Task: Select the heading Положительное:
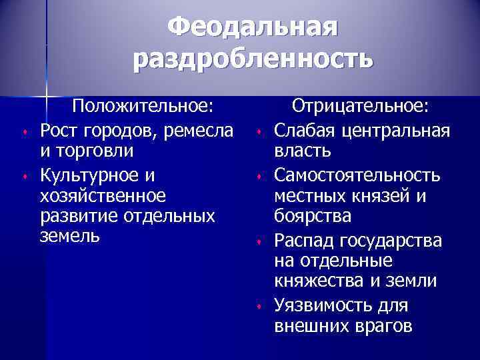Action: [143, 107]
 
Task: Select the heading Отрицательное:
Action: [362, 107]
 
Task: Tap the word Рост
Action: [57, 129]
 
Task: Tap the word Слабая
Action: [303, 129]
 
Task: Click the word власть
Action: [302, 151]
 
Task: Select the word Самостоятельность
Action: [357, 175]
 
